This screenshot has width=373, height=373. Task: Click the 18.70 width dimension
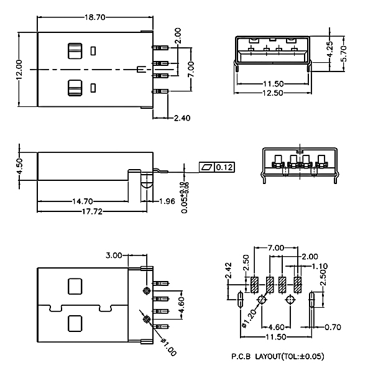(x=95, y=17)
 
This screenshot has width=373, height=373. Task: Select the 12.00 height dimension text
(x=19, y=70)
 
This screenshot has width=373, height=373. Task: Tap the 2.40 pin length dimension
(x=182, y=118)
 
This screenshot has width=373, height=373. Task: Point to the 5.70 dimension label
(x=344, y=53)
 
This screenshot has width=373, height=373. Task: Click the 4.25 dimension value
(x=330, y=49)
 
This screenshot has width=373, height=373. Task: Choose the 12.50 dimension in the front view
(x=273, y=93)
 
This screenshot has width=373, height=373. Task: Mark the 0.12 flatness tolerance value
(x=224, y=167)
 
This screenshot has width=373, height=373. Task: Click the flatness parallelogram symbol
(x=207, y=167)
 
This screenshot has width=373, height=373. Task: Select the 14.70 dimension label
(x=83, y=201)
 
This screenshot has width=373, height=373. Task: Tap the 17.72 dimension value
(x=92, y=211)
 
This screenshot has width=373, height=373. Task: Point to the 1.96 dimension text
(x=167, y=201)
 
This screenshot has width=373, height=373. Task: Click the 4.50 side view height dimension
(x=19, y=166)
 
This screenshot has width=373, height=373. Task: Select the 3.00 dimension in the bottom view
(x=114, y=256)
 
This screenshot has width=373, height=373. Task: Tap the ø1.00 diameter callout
(x=168, y=348)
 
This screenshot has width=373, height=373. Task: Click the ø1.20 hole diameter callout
(x=249, y=318)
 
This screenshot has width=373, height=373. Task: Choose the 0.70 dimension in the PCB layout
(x=333, y=328)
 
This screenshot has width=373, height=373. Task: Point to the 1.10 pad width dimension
(x=320, y=266)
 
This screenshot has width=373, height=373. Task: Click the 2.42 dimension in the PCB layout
(x=228, y=270)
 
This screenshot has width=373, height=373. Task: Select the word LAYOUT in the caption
(x=268, y=356)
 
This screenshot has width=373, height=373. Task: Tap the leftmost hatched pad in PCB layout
(x=254, y=285)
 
